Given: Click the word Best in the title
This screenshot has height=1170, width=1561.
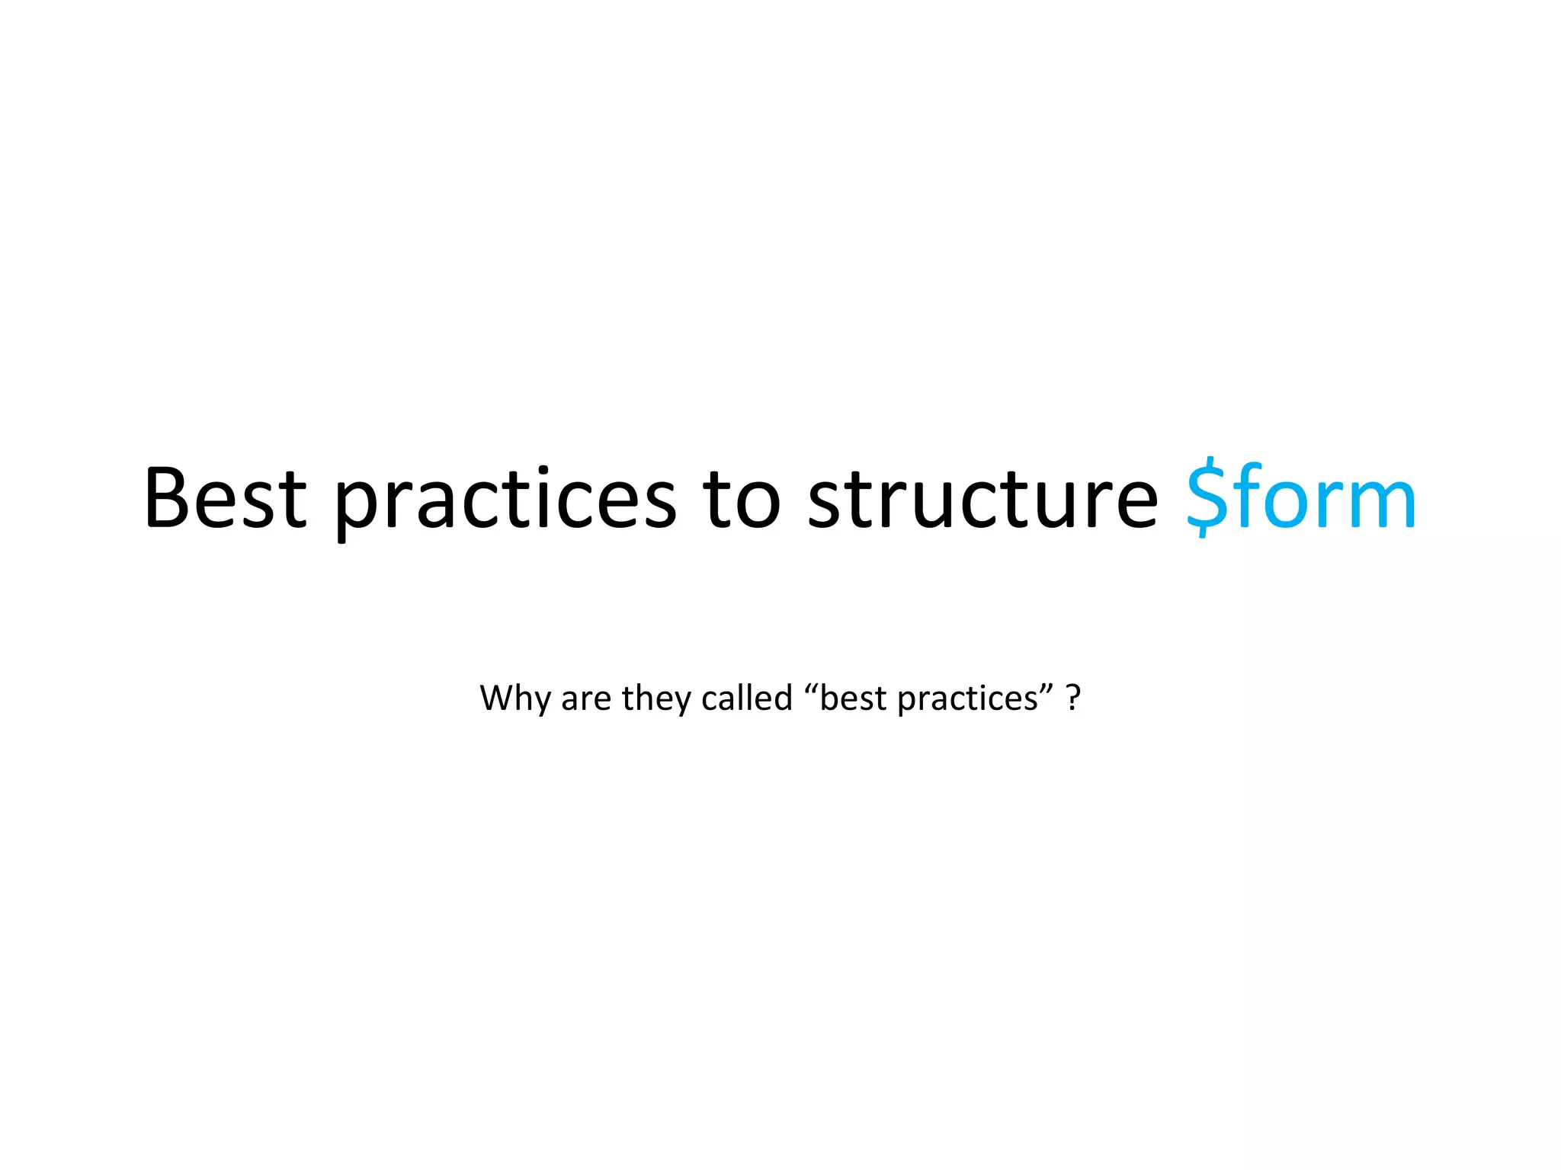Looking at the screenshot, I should [225, 498].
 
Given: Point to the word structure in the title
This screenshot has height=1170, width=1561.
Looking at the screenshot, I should [982, 498].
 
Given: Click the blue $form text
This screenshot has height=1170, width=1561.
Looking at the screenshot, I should [1300, 498].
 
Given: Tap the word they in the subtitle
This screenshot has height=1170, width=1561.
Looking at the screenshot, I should [656, 698].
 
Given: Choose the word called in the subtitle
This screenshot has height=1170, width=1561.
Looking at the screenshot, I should [746, 698].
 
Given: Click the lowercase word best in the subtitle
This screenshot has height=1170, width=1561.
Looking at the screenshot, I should [853, 698].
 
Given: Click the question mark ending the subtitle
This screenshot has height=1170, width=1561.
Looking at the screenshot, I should [1073, 698].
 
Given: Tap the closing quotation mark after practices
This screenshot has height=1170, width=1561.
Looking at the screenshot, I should [1047, 687].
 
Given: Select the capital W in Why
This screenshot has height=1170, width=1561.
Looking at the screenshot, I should [497, 698].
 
